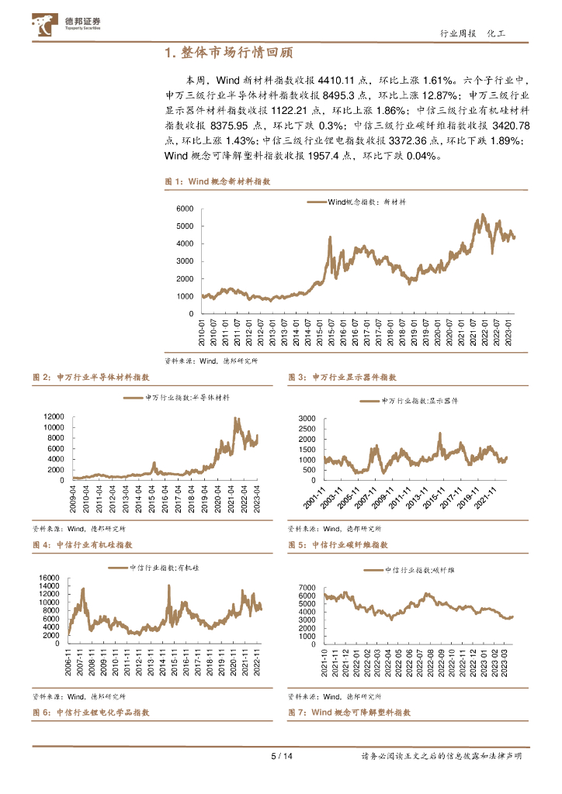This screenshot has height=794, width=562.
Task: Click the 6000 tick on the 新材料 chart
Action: click(x=183, y=209)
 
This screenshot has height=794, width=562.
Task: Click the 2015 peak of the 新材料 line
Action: click(x=330, y=237)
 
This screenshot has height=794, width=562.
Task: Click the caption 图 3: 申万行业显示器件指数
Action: click(x=342, y=377)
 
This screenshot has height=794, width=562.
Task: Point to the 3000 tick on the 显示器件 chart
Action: click(x=306, y=418)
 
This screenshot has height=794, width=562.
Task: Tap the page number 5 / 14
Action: click(x=280, y=757)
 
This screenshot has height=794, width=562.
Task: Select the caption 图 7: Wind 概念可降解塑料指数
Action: click(x=349, y=712)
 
